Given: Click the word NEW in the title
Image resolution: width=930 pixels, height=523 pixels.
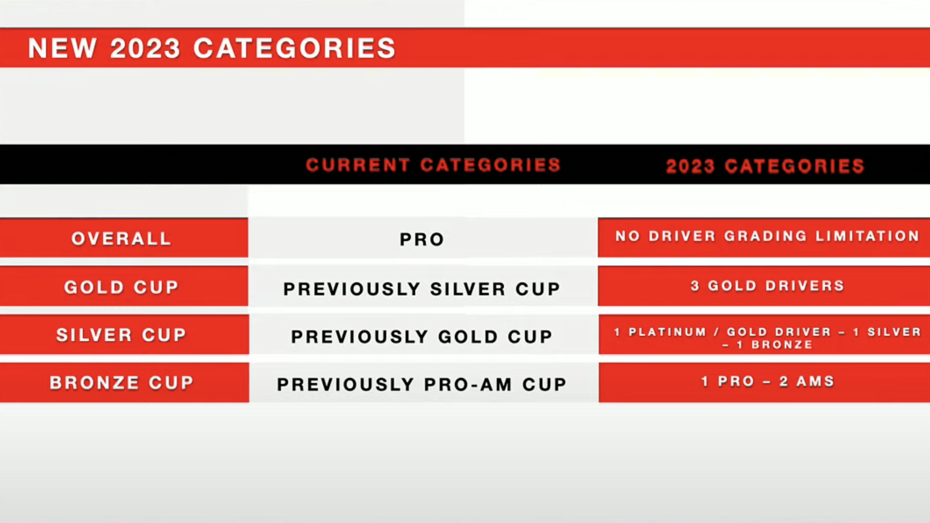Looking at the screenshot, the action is [x=62, y=48].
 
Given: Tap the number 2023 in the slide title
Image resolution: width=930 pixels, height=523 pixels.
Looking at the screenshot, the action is [x=145, y=48].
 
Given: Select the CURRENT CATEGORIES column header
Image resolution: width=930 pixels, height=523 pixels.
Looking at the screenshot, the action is [x=433, y=165].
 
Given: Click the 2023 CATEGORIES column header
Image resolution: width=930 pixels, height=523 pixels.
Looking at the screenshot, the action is [x=765, y=167].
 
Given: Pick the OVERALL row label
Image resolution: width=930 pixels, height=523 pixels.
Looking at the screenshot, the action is [x=121, y=238].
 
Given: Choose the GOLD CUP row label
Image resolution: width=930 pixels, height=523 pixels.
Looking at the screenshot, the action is [x=121, y=287].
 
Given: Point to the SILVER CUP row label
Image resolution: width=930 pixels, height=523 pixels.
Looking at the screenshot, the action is [x=121, y=335].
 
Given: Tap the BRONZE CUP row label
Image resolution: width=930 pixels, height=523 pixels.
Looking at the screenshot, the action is [x=122, y=382].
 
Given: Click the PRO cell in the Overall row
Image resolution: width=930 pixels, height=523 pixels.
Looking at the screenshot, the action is [x=422, y=240].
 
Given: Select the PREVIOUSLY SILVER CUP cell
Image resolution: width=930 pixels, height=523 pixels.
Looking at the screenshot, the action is [x=422, y=289].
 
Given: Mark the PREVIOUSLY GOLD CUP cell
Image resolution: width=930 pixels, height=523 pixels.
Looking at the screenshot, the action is [x=422, y=337].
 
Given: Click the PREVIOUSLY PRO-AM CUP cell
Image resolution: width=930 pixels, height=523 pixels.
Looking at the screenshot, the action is [x=422, y=384].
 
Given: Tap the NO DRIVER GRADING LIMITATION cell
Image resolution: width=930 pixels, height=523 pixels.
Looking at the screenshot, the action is [x=767, y=236].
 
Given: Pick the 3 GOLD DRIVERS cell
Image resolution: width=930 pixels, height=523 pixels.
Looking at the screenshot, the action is [x=767, y=286].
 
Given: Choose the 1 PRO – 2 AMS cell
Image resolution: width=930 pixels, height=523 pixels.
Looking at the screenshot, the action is [x=767, y=381].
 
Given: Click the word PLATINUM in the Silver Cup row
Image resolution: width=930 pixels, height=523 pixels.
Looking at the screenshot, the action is [x=667, y=332].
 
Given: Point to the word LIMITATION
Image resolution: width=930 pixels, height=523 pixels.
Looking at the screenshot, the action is [x=868, y=236].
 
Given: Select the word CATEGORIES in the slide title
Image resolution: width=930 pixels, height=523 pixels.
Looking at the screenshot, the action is [x=294, y=48].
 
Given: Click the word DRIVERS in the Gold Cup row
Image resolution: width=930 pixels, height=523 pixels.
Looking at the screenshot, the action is [x=805, y=286].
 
